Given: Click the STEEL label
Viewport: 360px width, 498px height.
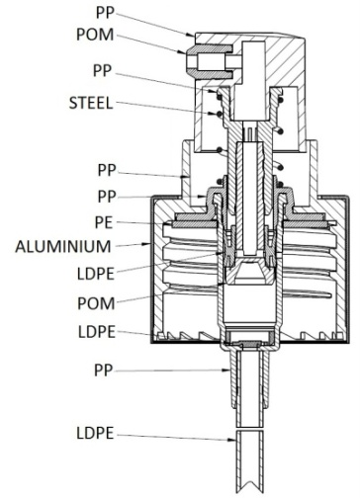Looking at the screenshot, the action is coord(91,103).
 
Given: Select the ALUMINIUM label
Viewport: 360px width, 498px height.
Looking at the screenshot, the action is coord(63,247).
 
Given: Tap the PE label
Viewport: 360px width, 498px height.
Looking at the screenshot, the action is coord(104,222).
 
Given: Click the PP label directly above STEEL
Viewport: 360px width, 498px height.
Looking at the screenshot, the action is coord(103,71).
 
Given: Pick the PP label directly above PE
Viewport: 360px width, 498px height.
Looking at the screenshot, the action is coord(107,197).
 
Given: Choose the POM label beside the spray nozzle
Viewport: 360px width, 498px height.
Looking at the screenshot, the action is coord(95,35).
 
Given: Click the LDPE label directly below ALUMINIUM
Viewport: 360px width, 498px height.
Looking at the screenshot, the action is coord(96,274).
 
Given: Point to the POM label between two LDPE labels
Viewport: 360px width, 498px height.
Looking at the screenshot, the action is coord(96,303).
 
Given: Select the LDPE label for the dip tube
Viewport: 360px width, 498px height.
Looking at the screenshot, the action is coord(95,433).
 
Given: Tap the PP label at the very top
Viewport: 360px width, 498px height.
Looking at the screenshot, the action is coord(105,13).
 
